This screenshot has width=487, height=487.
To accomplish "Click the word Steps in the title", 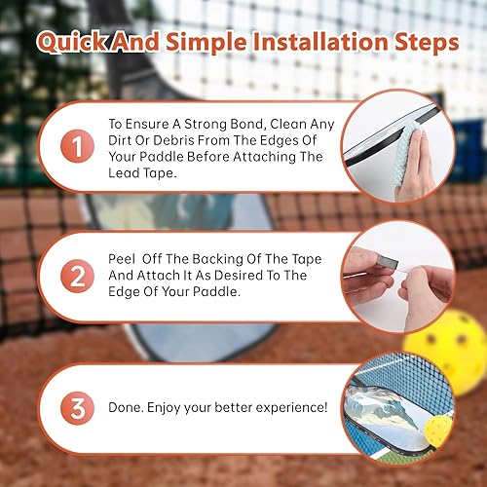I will point(415,44).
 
